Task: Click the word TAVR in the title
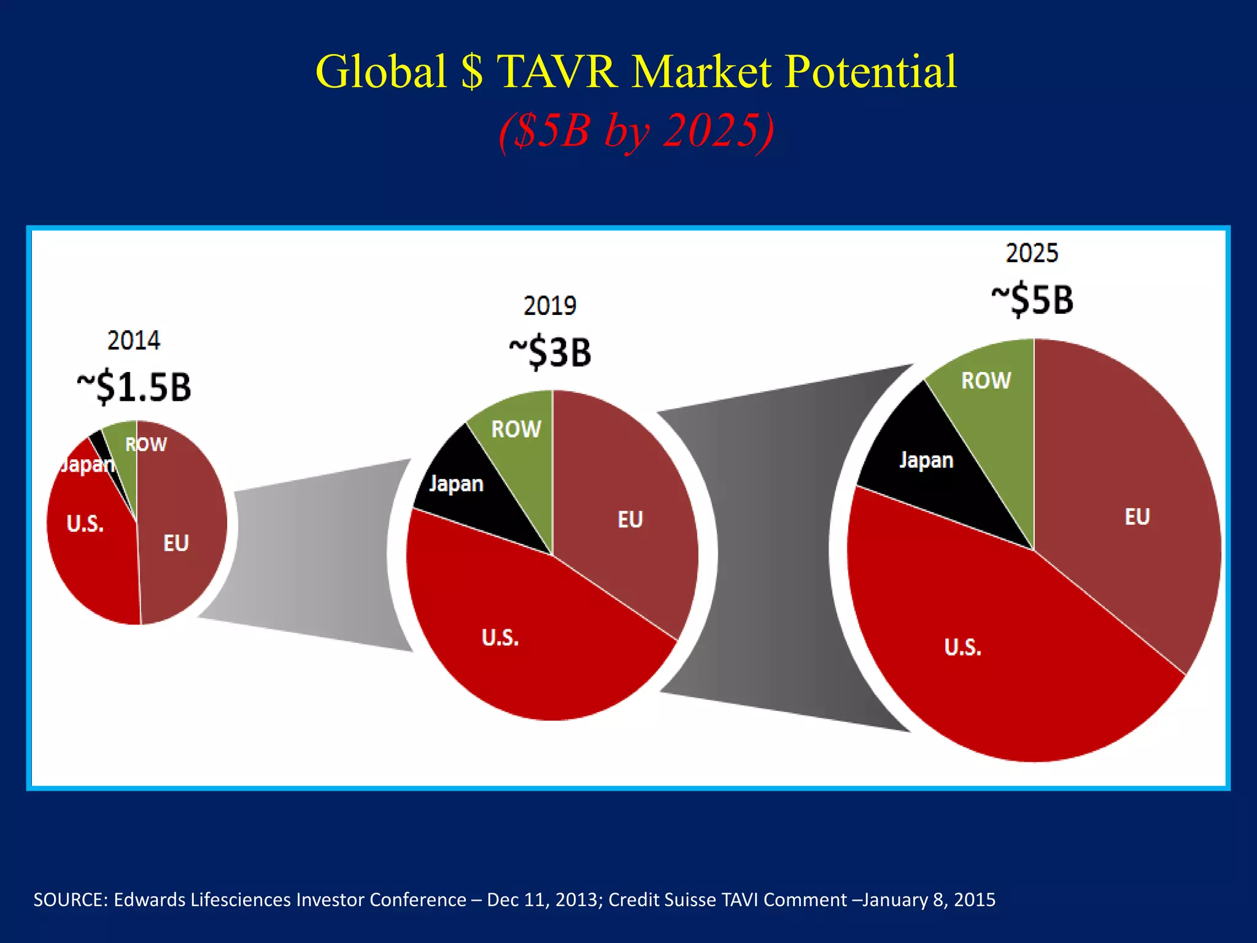click(x=556, y=72)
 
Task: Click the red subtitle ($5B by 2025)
click(x=636, y=130)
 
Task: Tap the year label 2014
click(x=133, y=341)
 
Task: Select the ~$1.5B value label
click(x=134, y=387)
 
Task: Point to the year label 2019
click(x=549, y=306)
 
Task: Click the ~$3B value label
click(x=550, y=352)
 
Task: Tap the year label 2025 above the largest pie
click(x=1032, y=253)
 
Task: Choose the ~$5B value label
click(x=1032, y=300)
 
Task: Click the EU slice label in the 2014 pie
click(x=176, y=543)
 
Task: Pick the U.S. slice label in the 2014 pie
click(x=85, y=524)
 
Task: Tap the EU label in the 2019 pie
click(x=630, y=520)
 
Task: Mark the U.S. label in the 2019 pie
click(x=500, y=638)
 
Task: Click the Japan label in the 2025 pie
click(x=926, y=460)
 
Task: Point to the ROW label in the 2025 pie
click(x=986, y=381)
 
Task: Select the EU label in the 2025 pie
click(x=1137, y=517)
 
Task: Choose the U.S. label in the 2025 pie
click(x=962, y=647)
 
